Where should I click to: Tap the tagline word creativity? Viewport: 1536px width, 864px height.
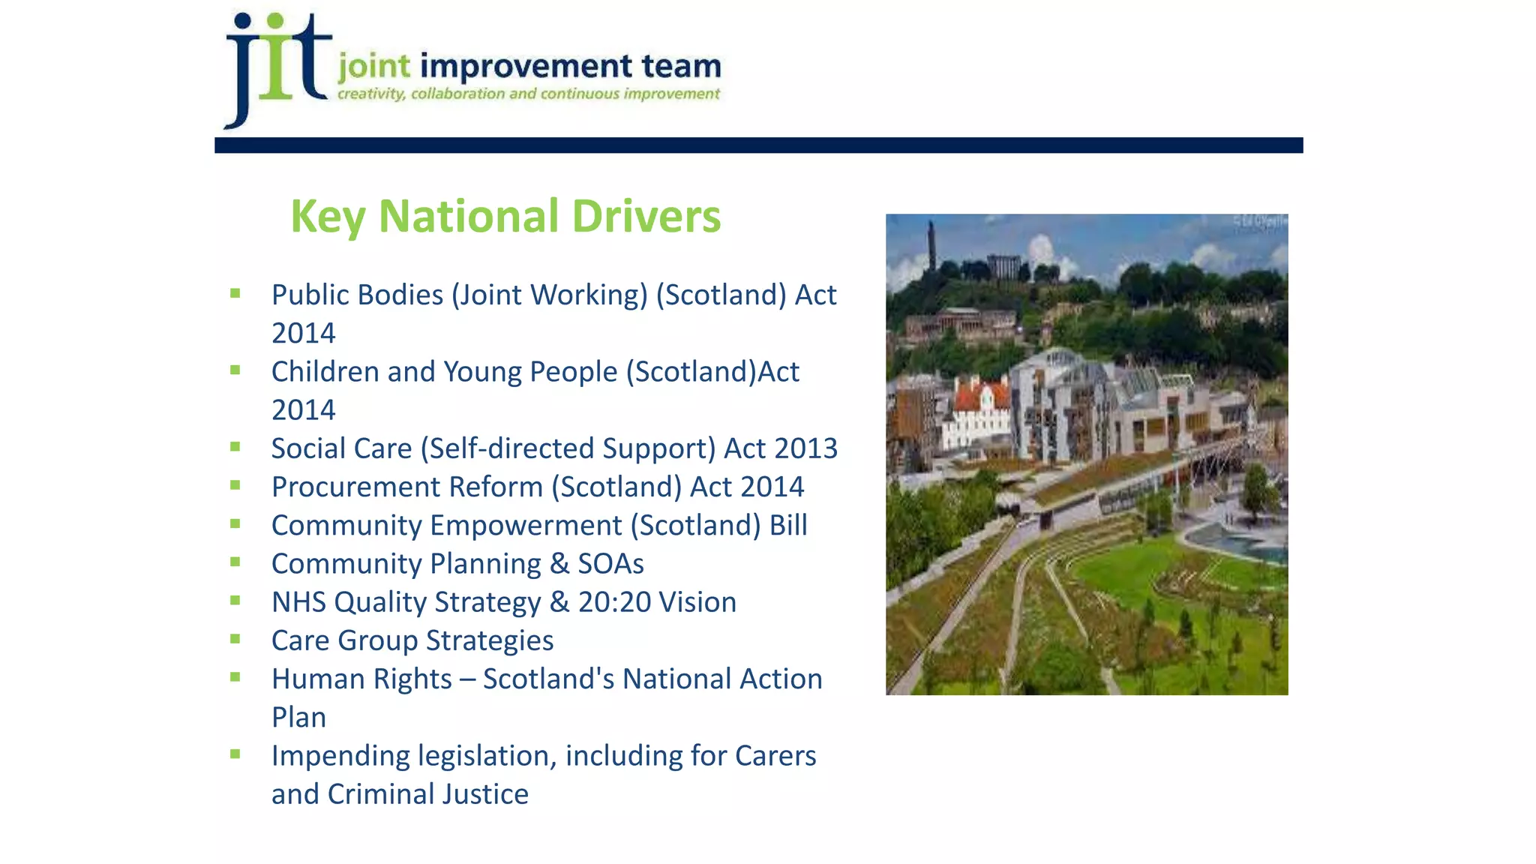point(371,94)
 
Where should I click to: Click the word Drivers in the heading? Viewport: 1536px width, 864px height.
point(646,216)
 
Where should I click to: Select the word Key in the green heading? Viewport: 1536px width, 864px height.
point(328,217)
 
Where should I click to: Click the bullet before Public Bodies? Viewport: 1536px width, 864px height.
point(235,293)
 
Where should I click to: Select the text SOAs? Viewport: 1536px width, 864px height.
point(610,564)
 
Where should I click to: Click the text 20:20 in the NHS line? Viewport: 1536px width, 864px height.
point(614,602)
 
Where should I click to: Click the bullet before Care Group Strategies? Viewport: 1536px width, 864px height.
point(235,639)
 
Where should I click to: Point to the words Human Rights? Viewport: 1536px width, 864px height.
point(361,679)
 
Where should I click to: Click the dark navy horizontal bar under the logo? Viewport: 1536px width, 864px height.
point(758,145)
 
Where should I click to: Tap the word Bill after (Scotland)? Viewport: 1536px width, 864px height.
point(788,526)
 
